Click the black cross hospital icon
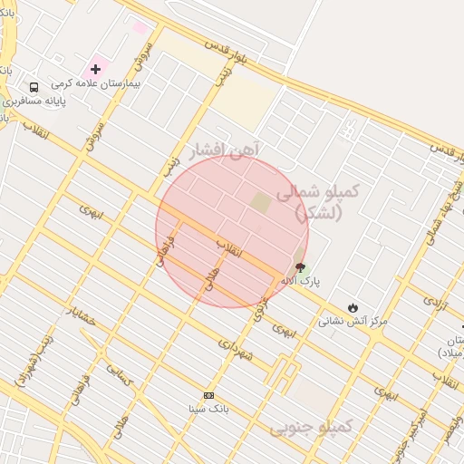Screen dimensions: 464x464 coord(95,69)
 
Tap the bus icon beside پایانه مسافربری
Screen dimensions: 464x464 coord(34,88)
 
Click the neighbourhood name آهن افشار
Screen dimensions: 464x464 coord(224,148)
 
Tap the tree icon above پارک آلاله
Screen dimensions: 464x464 coord(299,267)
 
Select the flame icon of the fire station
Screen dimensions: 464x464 coord(353,308)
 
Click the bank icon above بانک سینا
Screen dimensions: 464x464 coord(208,395)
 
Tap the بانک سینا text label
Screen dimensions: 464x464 coord(208,409)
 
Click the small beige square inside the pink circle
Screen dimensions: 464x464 coord(261,202)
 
